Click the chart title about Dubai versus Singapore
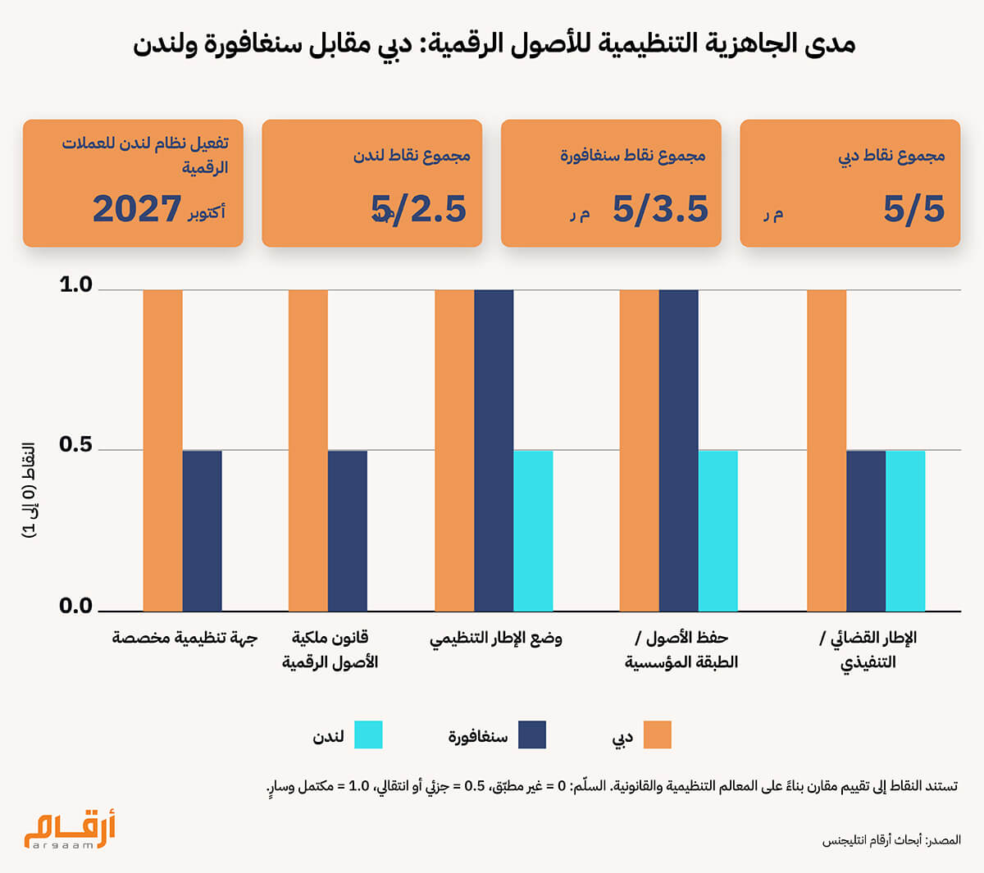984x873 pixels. click(x=494, y=43)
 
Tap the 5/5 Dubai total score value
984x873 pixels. click(x=913, y=209)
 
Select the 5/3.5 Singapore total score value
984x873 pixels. click(x=660, y=209)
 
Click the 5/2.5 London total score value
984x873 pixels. click(x=419, y=209)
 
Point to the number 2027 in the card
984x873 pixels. click(x=137, y=209)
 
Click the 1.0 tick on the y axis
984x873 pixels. click(x=76, y=285)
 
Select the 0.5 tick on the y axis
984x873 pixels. click(x=76, y=445)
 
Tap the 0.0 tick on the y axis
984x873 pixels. click(x=76, y=607)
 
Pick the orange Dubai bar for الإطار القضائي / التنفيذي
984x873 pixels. click(x=827, y=451)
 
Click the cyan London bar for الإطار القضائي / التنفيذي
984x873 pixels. click(x=905, y=530)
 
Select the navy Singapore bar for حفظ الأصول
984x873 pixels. click(x=678, y=451)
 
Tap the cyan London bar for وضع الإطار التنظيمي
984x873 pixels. click(x=533, y=530)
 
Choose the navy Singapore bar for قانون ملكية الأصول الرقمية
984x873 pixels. click(x=347, y=530)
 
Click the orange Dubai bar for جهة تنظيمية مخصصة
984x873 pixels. click(x=162, y=451)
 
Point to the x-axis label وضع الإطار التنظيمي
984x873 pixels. click(x=495, y=639)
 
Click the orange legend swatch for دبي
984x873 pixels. click(x=657, y=735)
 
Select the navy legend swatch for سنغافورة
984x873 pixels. click(x=532, y=735)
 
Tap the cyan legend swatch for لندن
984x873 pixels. click(x=368, y=735)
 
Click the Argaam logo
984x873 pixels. click(x=70, y=830)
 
